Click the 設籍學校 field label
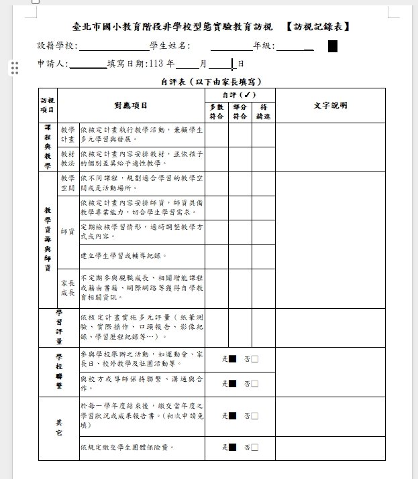click(x=58, y=46)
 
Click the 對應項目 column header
click(x=131, y=105)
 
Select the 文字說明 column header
click(x=331, y=105)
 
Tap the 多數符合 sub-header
click(x=216, y=112)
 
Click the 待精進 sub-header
click(x=263, y=112)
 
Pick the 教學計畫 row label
click(x=68, y=135)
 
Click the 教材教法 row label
click(x=68, y=159)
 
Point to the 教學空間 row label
click(x=68, y=184)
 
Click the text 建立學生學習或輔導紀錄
click(x=123, y=256)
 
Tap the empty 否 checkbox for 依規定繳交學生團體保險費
click(x=254, y=447)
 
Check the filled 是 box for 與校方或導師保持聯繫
click(x=233, y=384)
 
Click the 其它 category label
click(x=58, y=429)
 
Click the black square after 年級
click(x=332, y=46)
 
